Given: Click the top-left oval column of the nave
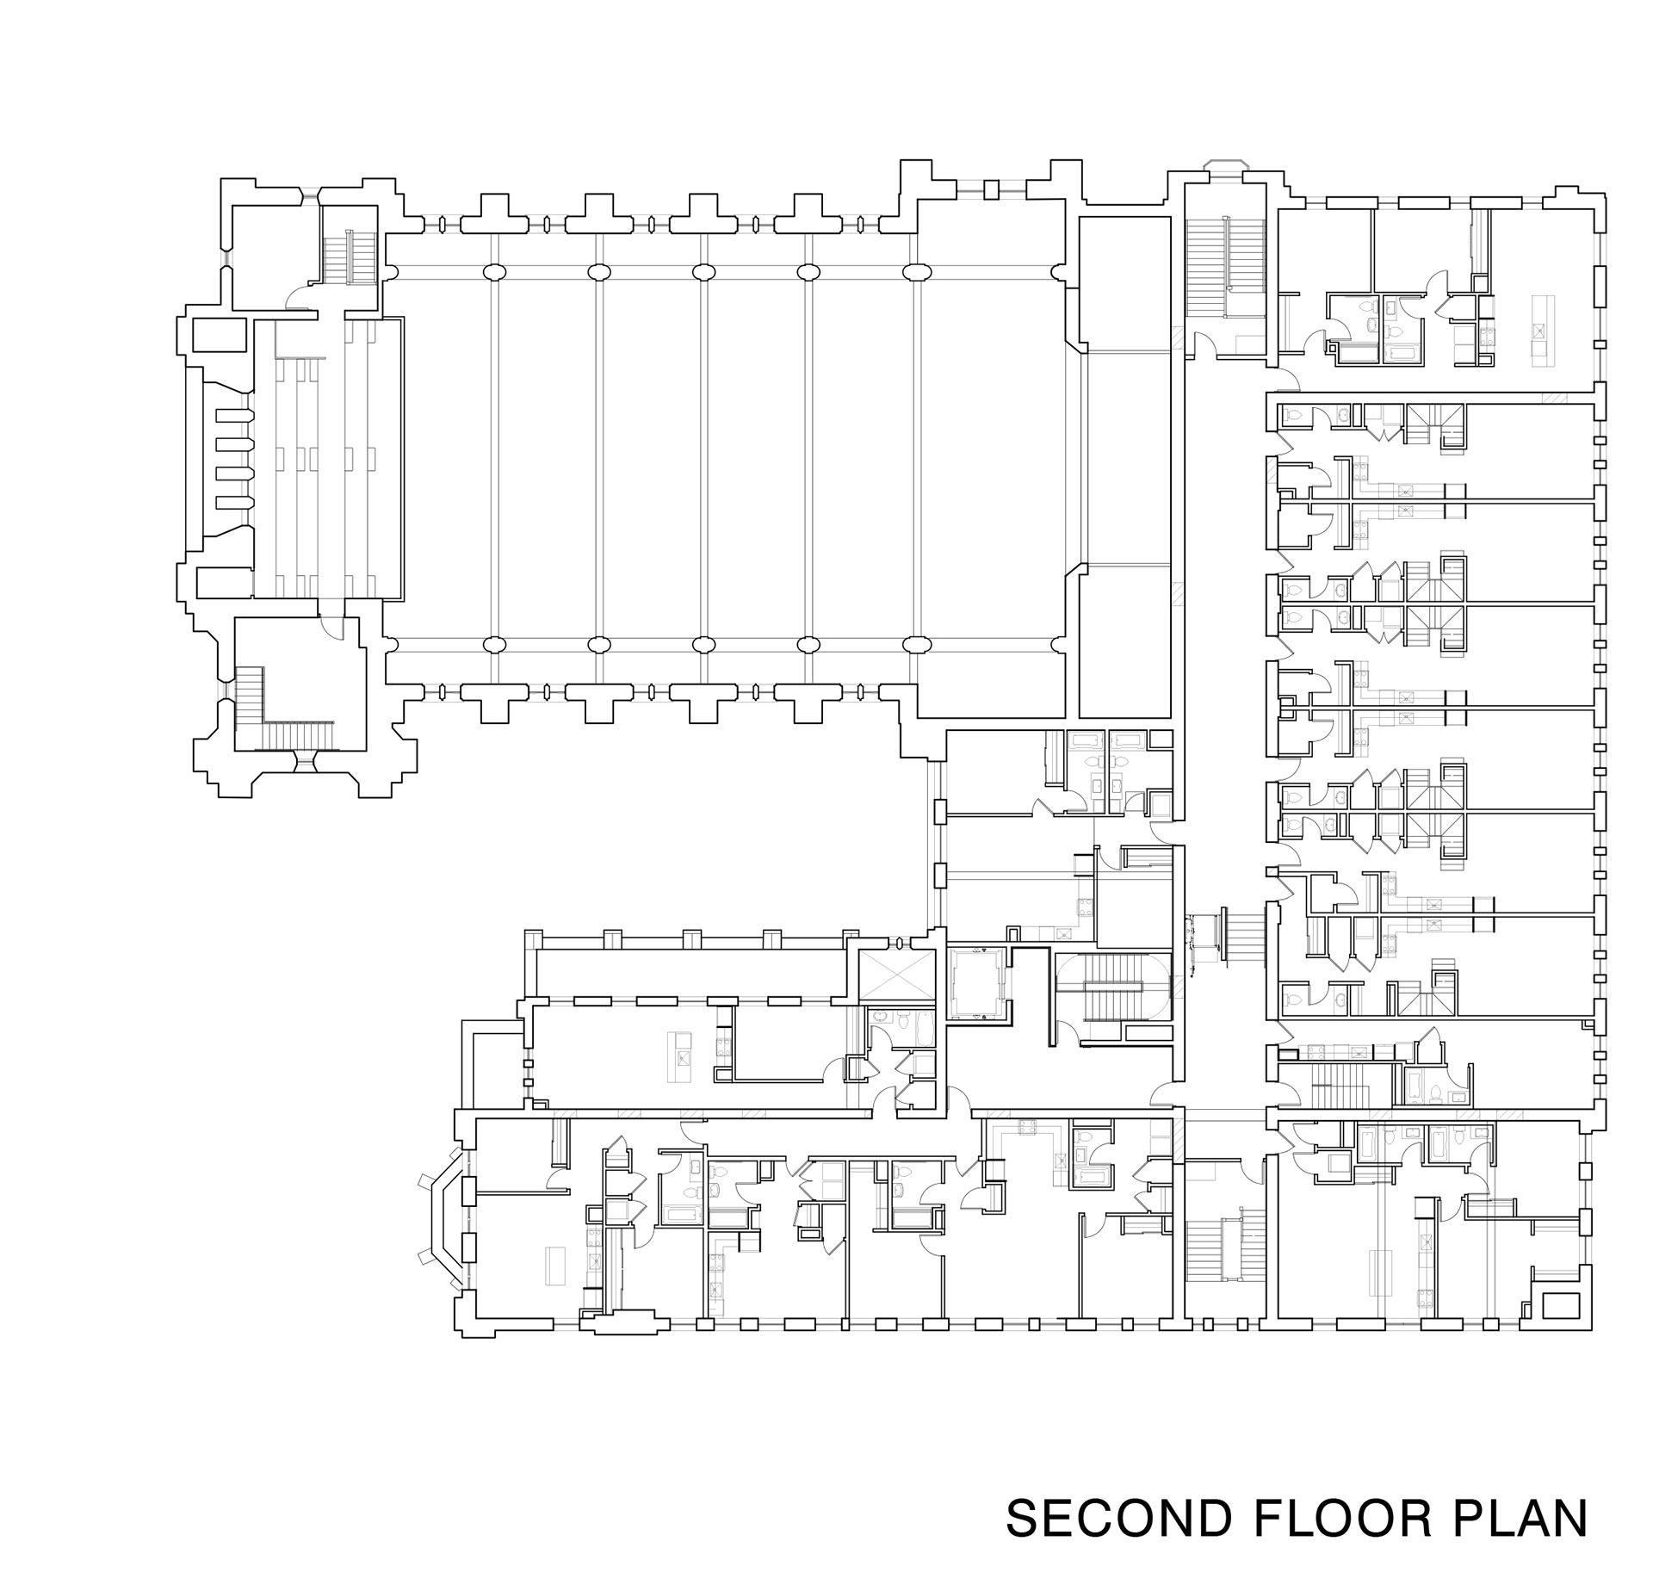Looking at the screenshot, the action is click(494, 272).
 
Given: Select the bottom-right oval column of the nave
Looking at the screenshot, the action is click(917, 644).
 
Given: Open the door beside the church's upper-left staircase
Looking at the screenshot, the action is click(298, 297).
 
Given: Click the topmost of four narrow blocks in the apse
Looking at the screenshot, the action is click(234, 417).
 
